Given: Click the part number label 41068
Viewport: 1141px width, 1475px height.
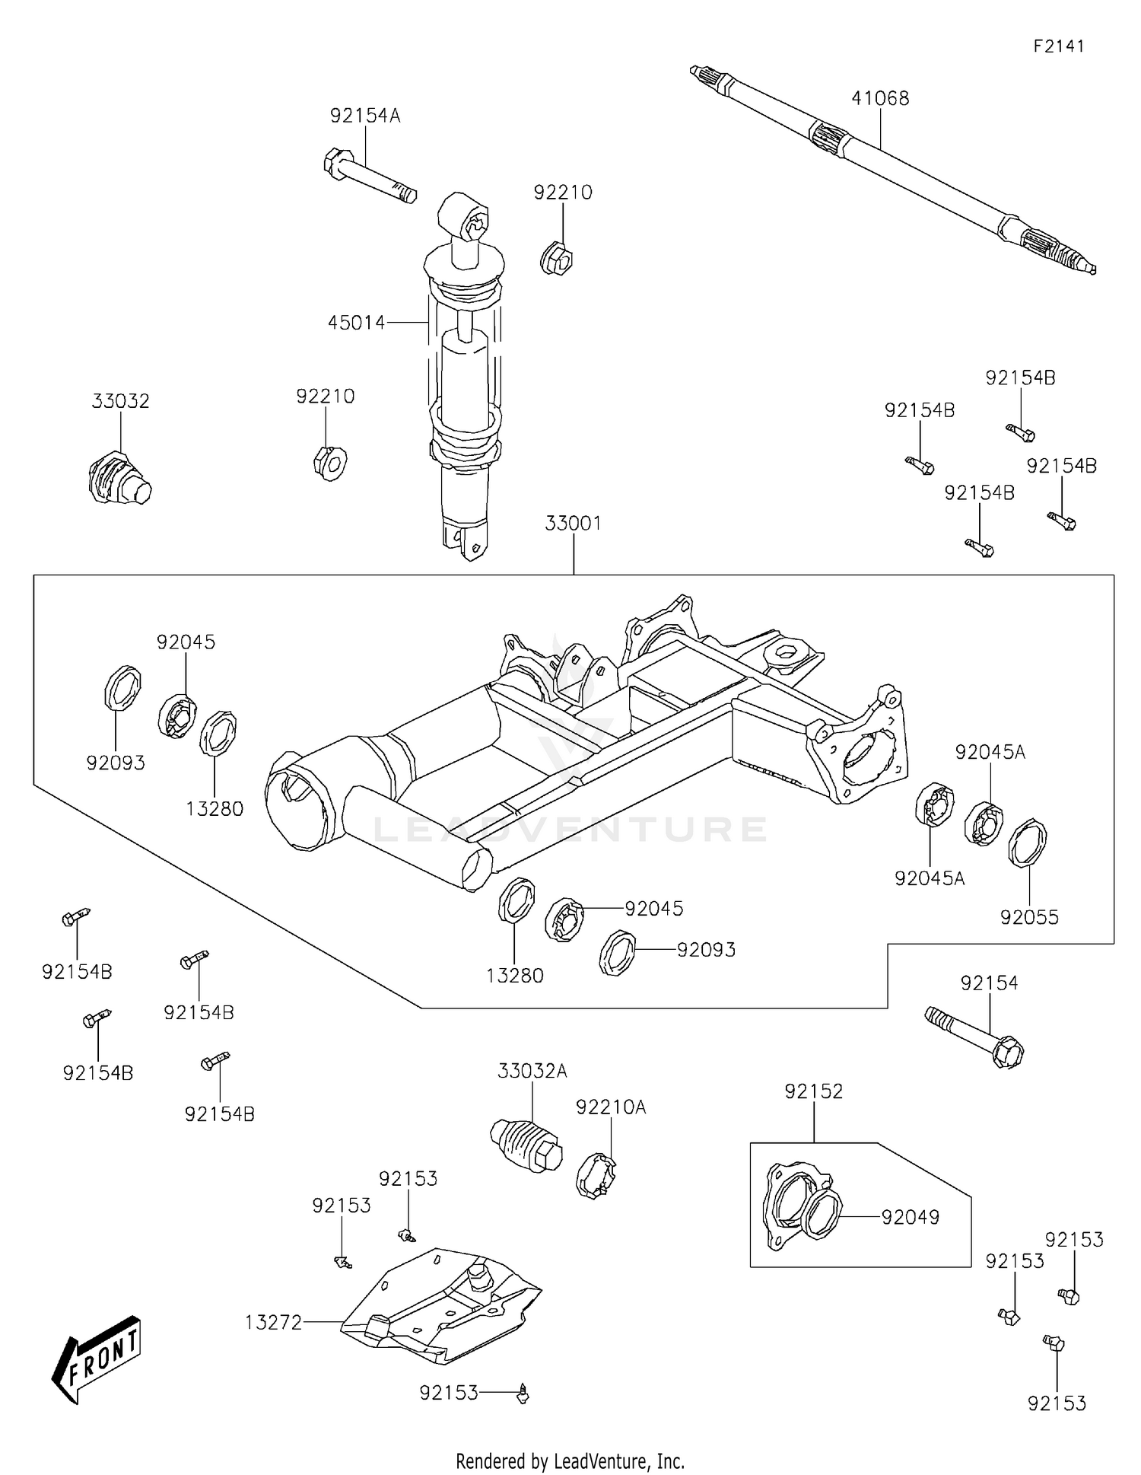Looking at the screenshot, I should pyautogui.click(x=880, y=98).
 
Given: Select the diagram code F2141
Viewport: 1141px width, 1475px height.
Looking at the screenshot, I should pyautogui.click(x=1058, y=46).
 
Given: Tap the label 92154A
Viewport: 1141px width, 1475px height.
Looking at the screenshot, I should pyautogui.click(x=364, y=116).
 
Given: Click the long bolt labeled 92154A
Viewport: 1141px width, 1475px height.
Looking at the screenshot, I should pyautogui.click(x=369, y=176).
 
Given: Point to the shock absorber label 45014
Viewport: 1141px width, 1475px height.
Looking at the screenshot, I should pyautogui.click(x=356, y=323).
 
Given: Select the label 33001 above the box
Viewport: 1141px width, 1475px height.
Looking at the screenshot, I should pyautogui.click(x=573, y=524).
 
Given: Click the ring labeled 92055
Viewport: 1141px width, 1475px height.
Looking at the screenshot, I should pyautogui.click(x=1028, y=843).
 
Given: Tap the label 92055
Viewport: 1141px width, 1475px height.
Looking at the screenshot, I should pyautogui.click(x=1029, y=917).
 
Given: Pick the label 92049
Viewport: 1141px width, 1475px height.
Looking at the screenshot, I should pyautogui.click(x=910, y=1217).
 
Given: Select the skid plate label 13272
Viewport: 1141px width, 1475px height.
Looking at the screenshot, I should pyautogui.click(x=273, y=1323).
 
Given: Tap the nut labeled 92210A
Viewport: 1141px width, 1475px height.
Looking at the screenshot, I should pyautogui.click(x=596, y=1176).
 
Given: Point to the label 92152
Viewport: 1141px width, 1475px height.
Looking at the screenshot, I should pyautogui.click(x=813, y=1091).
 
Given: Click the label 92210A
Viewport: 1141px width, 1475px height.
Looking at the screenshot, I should pyautogui.click(x=610, y=1107).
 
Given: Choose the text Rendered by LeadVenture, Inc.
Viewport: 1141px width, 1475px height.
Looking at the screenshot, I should pyautogui.click(x=570, y=1461).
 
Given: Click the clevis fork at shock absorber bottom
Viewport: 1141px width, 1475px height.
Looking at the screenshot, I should pyautogui.click(x=464, y=538).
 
